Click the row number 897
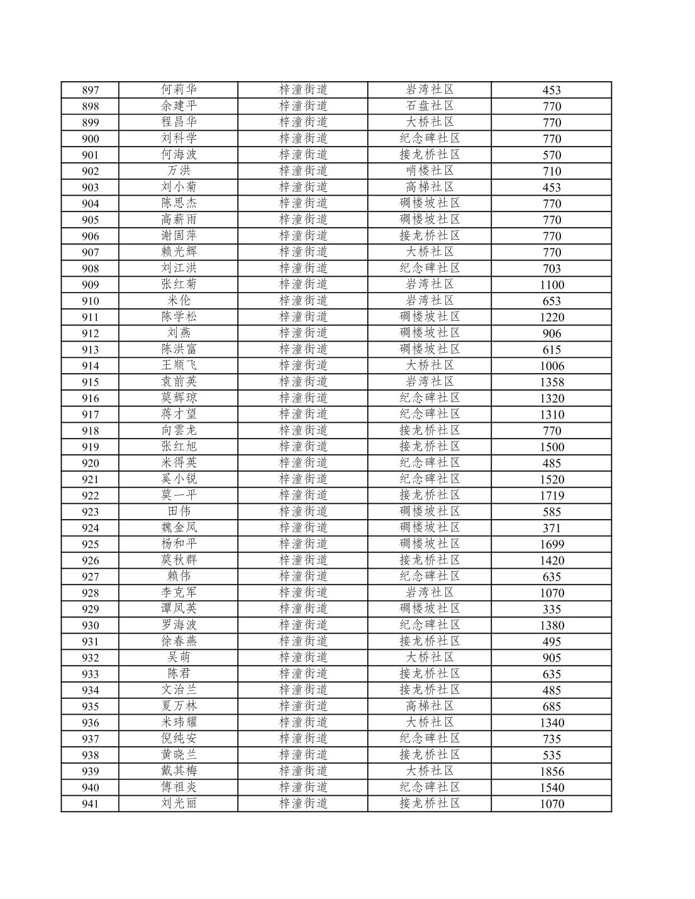tap(90, 90)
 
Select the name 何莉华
tap(179, 89)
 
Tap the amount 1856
tap(552, 771)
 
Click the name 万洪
tap(179, 170)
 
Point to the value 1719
tap(552, 496)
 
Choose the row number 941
tap(90, 804)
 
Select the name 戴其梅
tap(179, 771)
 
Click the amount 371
tap(552, 528)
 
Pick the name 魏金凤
tap(179, 527)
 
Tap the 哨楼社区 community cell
tap(430, 170)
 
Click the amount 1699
tap(552, 544)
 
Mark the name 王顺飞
tap(179, 365)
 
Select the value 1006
tap(552, 366)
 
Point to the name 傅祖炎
tap(179, 787)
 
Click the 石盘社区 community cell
tap(430, 106)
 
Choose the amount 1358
tap(552, 382)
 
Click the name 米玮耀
tap(179, 722)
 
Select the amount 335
tap(552, 609)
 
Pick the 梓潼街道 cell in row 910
tap(303, 300)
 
